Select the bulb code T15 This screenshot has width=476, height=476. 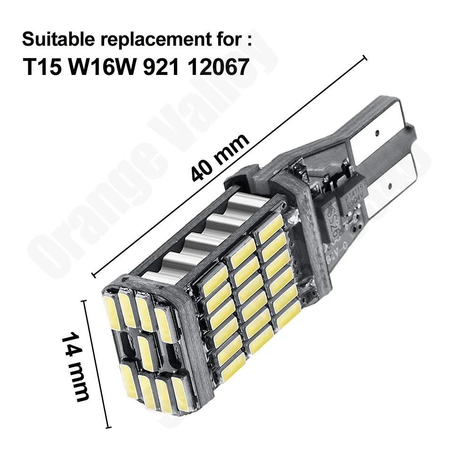click(x=42, y=67)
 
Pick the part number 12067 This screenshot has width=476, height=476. click(x=218, y=67)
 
